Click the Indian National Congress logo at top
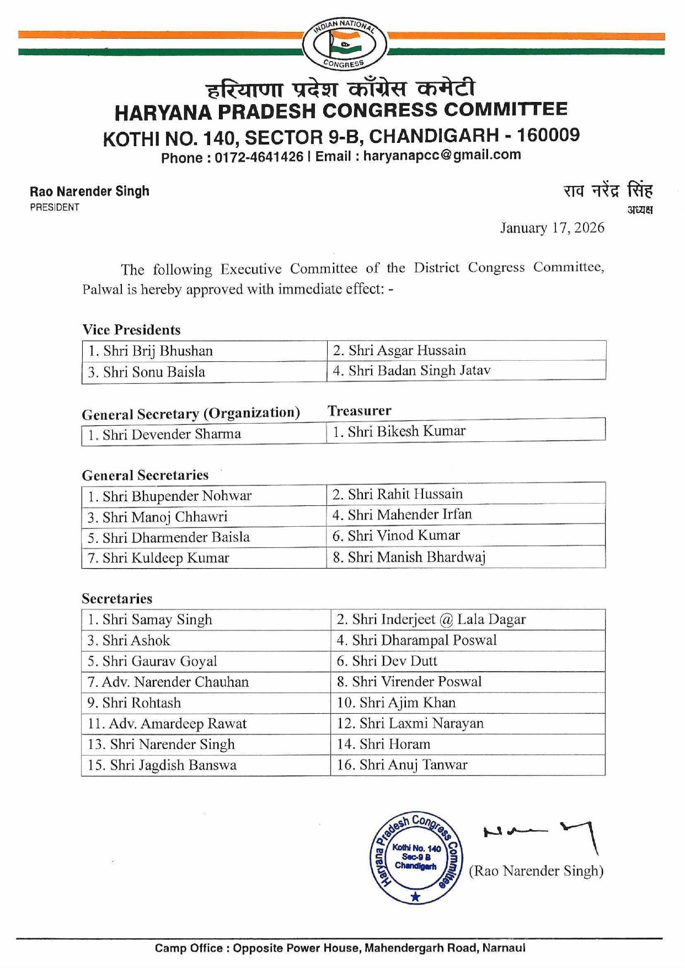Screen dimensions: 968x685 pyautogui.click(x=344, y=44)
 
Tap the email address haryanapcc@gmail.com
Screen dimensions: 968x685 pyautogui.click(x=442, y=155)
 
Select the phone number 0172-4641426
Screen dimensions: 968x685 pyautogui.click(x=259, y=157)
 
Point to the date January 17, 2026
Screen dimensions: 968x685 pyautogui.click(x=552, y=228)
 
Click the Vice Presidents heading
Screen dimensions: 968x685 pyautogui.click(x=131, y=330)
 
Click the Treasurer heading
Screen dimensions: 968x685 pyautogui.click(x=359, y=411)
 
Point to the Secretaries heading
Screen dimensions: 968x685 pyautogui.click(x=117, y=598)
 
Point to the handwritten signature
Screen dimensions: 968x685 pyautogui.click(x=540, y=833)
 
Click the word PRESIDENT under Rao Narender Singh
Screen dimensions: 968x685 pyautogui.click(x=55, y=207)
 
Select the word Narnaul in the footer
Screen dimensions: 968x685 pyautogui.click(x=504, y=948)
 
